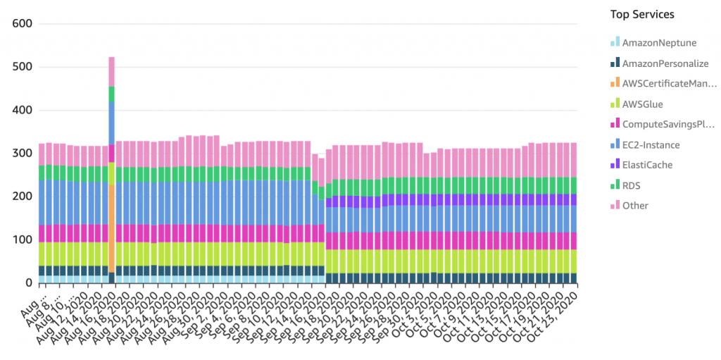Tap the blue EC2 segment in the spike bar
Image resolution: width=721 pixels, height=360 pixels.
(x=112, y=123)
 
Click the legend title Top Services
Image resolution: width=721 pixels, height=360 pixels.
(x=641, y=14)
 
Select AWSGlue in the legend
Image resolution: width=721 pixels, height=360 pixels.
(x=642, y=104)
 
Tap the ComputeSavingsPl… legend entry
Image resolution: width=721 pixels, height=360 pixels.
(x=669, y=125)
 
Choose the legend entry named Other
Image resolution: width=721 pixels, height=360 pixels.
(x=635, y=206)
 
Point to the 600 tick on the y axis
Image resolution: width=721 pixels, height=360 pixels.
(x=23, y=24)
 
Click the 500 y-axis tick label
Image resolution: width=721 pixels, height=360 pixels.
(x=23, y=68)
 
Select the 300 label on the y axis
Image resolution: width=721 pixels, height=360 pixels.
(x=23, y=154)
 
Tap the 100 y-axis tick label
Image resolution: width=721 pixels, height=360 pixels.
(x=23, y=240)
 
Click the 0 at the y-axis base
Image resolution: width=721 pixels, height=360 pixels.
(x=29, y=283)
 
